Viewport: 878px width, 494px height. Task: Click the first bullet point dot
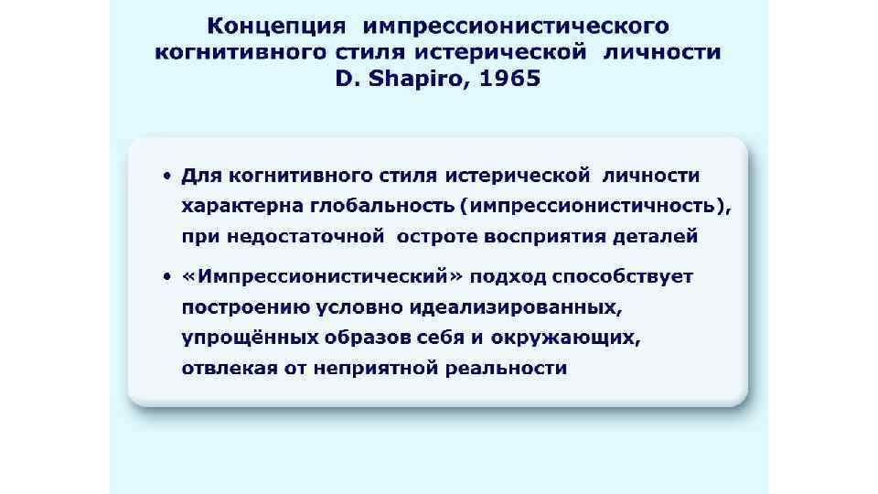[167, 175]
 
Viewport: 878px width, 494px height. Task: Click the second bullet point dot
[167, 275]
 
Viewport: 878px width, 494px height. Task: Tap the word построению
[246, 306]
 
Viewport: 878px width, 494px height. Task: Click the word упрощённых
[247, 338]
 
